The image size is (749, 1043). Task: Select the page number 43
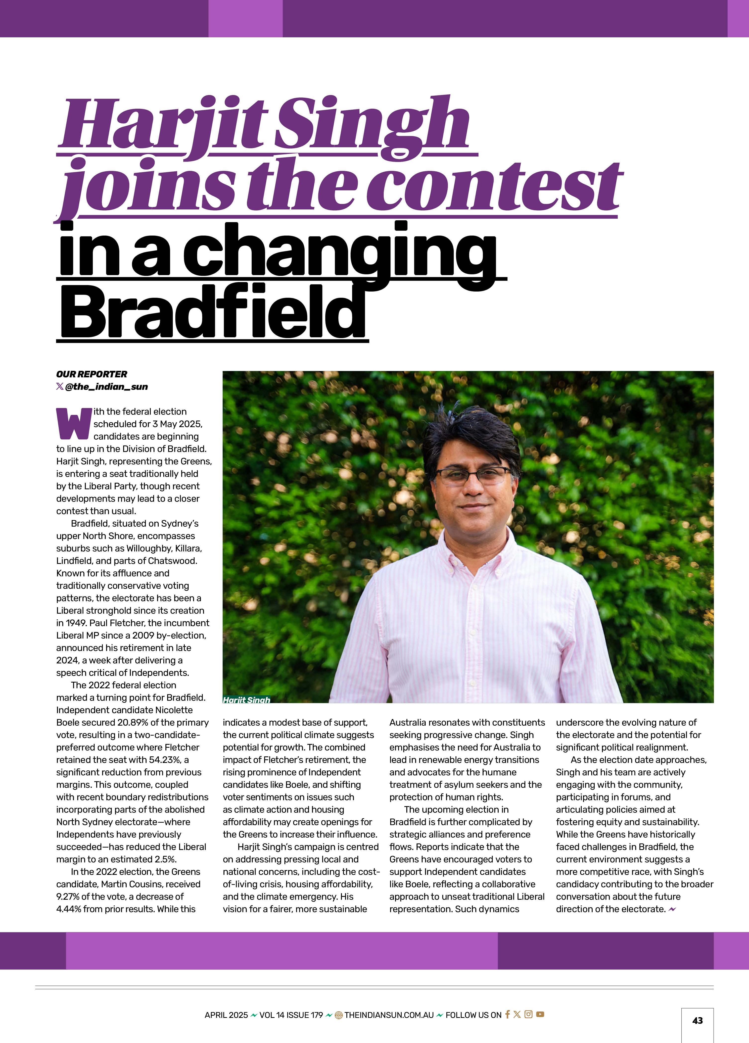pyautogui.click(x=697, y=1020)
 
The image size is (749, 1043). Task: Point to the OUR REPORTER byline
pyautogui.click(x=92, y=374)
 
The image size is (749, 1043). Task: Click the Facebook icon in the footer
pyautogui.click(x=507, y=1014)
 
